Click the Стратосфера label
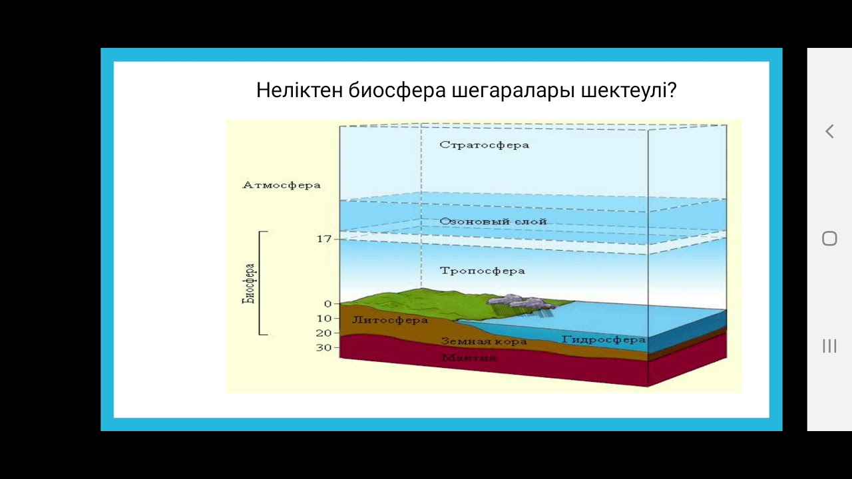(x=484, y=145)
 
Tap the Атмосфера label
(x=281, y=185)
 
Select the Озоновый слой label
(x=493, y=222)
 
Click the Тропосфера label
(x=482, y=271)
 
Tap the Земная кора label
(x=483, y=342)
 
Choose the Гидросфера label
(x=603, y=339)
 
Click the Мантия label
(x=469, y=358)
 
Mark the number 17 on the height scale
(x=323, y=238)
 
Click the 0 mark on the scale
(x=327, y=304)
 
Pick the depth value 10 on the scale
(x=323, y=319)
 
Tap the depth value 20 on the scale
(x=323, y=333)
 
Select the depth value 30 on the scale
(x=323, y=347)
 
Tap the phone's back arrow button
(x=829, y=132)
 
